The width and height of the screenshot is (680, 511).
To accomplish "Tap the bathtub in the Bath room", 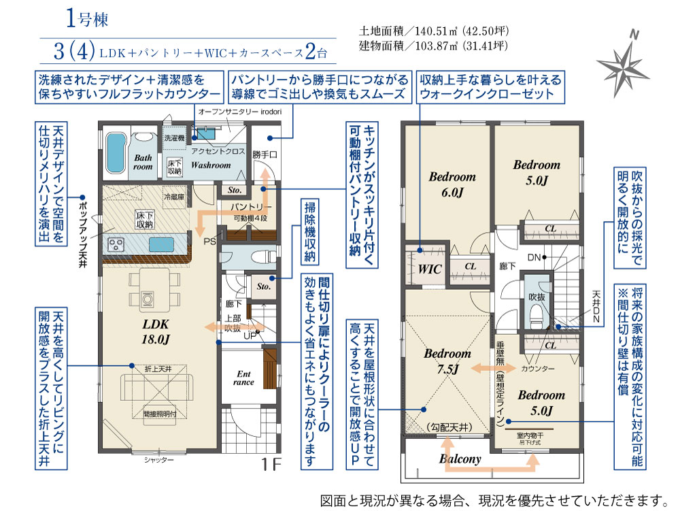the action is (116, 152).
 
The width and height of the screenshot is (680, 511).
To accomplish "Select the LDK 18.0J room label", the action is (155, 332).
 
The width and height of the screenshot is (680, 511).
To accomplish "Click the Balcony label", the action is (460, 459).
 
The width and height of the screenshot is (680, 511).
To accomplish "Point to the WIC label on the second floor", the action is (429, 269).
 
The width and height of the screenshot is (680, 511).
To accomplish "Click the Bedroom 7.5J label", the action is (447, 361).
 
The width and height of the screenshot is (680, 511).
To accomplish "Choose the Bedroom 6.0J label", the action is (452, 184).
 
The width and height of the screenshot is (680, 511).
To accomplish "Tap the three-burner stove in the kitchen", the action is (116, 245).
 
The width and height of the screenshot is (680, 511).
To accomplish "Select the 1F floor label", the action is (271, 465).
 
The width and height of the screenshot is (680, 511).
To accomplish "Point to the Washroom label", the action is (211, 165).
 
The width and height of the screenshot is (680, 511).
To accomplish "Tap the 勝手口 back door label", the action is (265, 154).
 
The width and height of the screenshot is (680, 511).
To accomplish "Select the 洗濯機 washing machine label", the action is (174, 138).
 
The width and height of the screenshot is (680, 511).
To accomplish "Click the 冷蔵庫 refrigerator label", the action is (174, 197).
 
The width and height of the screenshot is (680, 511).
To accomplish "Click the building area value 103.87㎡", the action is (437, 46).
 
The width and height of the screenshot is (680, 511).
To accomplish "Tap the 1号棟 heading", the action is (87, 19).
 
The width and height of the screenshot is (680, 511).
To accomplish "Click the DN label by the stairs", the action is (534, 257).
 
